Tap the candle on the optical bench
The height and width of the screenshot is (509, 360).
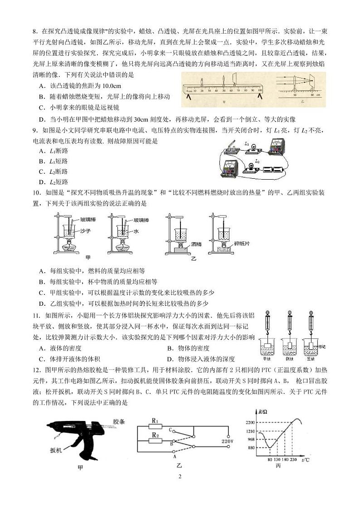pos(202,83)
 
